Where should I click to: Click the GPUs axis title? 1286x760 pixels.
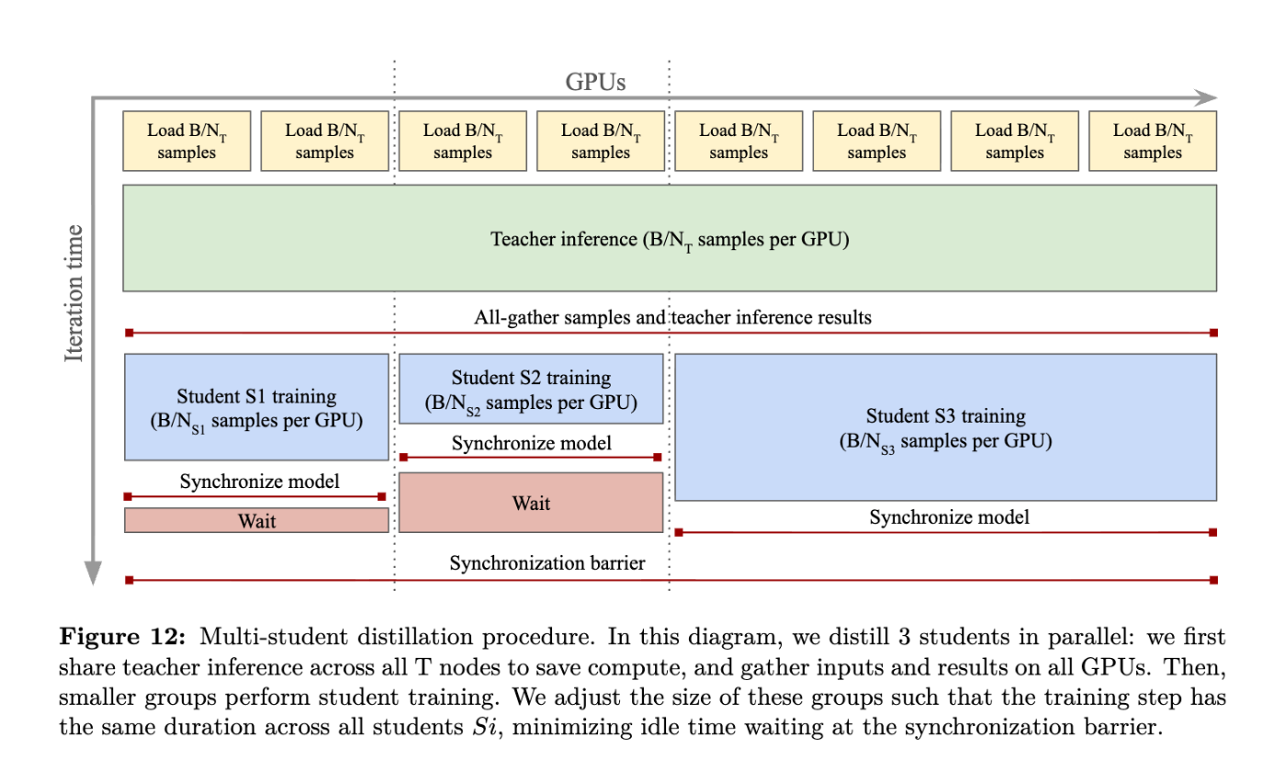coord(595,82)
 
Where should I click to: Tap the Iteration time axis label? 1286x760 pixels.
coord(74,293)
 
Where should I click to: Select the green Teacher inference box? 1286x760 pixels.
coord(670,238)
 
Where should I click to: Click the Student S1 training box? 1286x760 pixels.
coord(256,407)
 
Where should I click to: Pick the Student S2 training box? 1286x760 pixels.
coord(531,389)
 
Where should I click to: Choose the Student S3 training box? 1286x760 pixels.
coord(945,427)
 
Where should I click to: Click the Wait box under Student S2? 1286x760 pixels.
coord(531,503)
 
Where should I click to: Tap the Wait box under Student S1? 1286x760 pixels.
coord(256,520)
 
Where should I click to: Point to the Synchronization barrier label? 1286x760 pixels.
coord(547,563)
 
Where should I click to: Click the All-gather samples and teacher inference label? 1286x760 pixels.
coord(672,317)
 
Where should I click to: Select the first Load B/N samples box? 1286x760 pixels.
coord(186,141)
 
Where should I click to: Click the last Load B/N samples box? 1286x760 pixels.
coord(1153,141)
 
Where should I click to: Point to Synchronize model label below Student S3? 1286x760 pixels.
coord(949,517)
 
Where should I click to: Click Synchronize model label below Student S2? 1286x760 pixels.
coord(531,443)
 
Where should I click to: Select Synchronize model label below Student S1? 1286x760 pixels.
coord(259,482)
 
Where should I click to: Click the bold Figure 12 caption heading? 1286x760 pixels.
coord(122,637)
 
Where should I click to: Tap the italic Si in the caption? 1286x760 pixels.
coord(485,727)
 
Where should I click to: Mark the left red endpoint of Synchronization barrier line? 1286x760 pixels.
coord(130,580)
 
